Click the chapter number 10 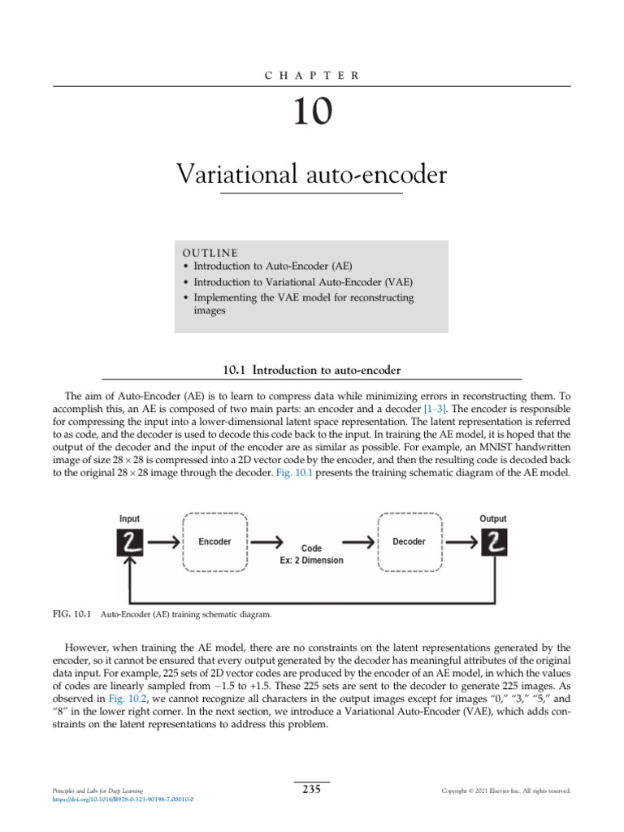313,113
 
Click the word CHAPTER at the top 313,75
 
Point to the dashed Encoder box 215,542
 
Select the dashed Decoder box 409,542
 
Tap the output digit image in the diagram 493,542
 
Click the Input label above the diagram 129,518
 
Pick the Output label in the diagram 492,518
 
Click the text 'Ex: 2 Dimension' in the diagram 311,561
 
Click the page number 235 312,789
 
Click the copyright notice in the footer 505,791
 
